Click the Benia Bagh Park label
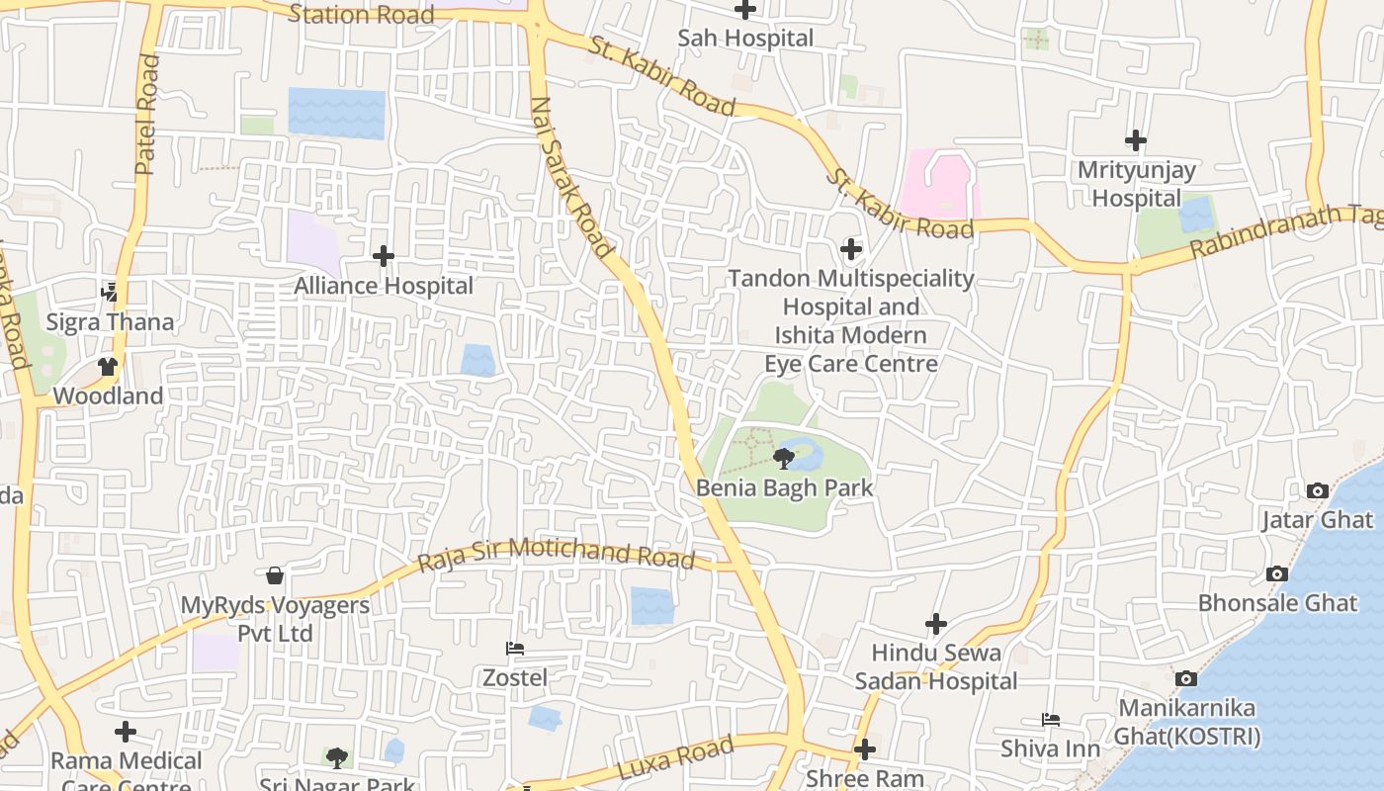tap(784, 487)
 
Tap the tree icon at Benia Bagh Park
tap(784, 458)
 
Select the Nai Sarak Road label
tap(572, 178)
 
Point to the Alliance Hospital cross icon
tap(384, 256)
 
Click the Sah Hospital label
tap(745, 39)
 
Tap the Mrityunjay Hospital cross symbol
tap(1136, 140)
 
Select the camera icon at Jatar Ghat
tap(1317, 490)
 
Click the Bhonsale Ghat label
tap(1277, 602)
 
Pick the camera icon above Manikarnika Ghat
tap(1186, 678)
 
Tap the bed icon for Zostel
tap(515, 649)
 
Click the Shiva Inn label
tap(1050, 748)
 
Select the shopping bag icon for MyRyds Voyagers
tap(275, 574)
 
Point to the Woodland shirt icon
tap(108, 367)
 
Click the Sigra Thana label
tap(110, 322)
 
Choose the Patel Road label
tap(147, 115)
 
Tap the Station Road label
tap(361, 14)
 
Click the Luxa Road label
tap(675, 756)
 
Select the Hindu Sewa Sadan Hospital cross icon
tap(935, 624)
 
